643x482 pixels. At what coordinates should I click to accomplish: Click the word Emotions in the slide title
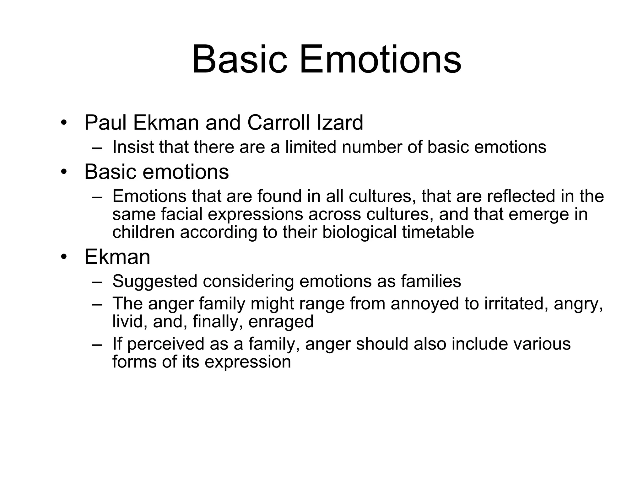380,59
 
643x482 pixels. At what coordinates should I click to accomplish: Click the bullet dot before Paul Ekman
64,123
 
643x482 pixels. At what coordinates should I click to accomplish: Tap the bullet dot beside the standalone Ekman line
64,257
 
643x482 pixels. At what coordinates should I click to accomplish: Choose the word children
143,232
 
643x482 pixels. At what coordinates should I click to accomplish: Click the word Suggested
155,281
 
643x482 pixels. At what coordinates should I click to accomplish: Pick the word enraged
281,321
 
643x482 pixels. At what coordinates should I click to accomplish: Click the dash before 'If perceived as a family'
97,345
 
